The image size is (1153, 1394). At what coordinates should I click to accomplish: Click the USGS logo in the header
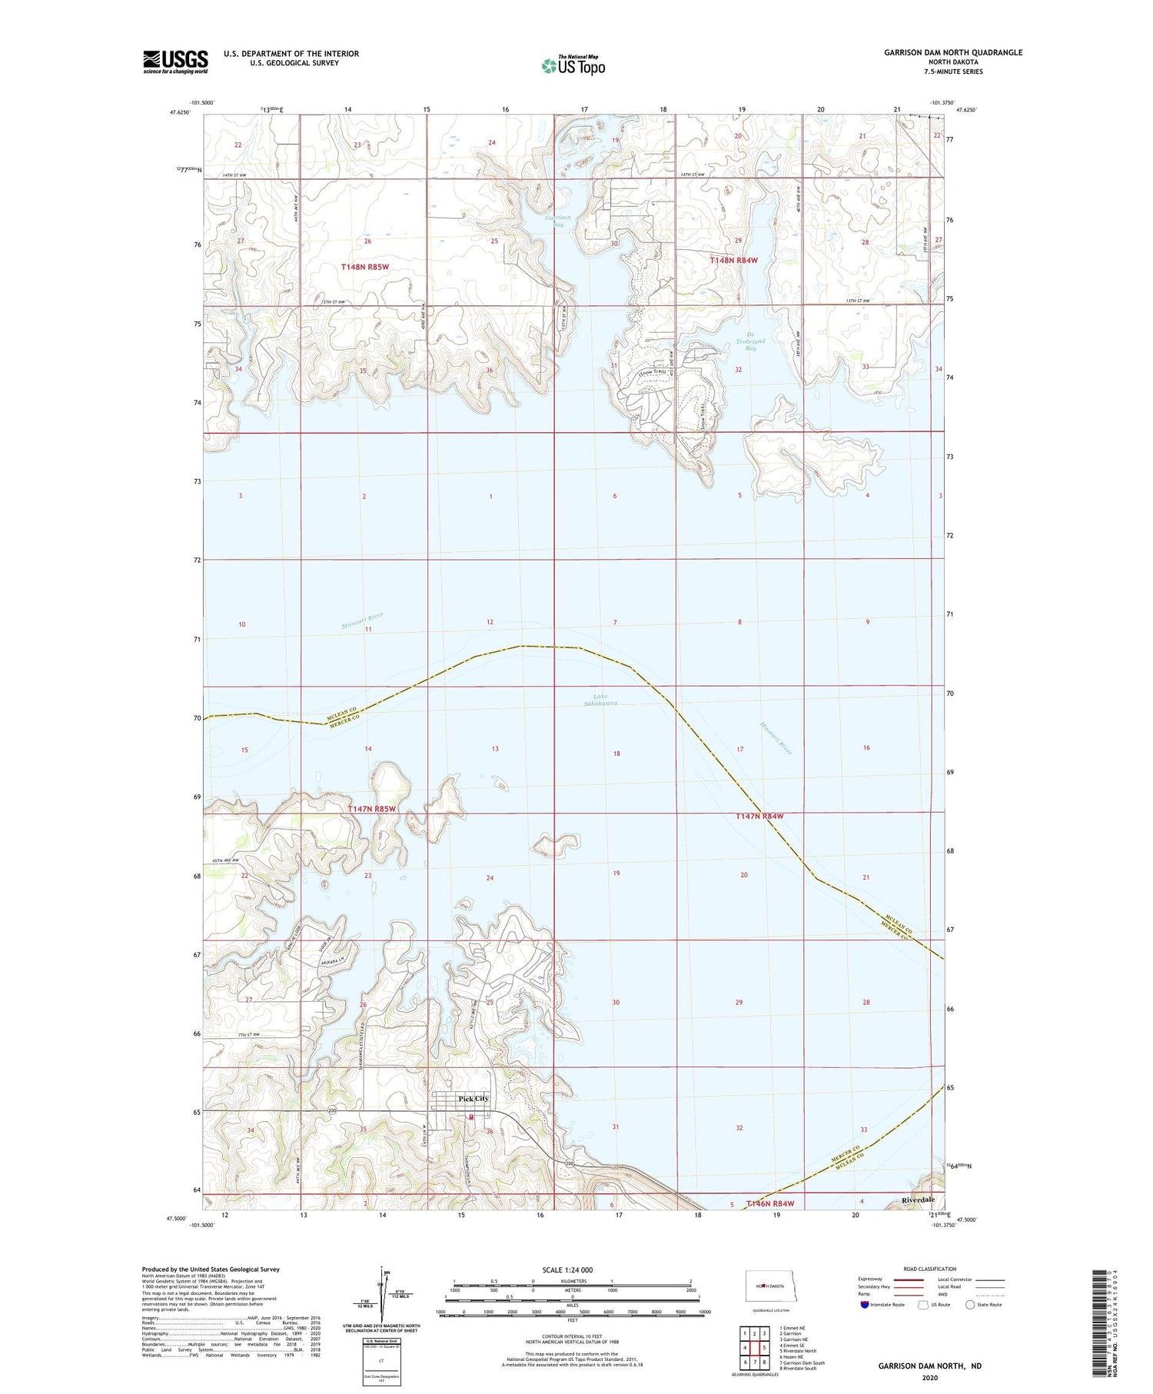click(175, 62)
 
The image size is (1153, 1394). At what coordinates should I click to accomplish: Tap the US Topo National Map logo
click(573, 65)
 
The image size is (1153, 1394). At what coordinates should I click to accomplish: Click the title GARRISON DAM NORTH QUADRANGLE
click(952, 52)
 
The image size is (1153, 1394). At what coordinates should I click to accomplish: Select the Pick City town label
click(473, 1099)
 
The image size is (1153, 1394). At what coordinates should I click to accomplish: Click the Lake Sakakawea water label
click(600, 700)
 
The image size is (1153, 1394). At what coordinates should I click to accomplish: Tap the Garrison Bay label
click(559, 221)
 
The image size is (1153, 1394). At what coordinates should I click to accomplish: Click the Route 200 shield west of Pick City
click(332, 1111)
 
